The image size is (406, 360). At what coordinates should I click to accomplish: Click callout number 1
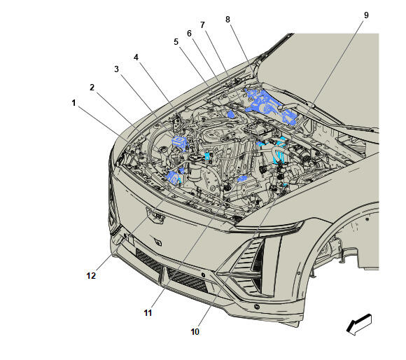73,103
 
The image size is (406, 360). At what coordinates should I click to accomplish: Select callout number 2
92,88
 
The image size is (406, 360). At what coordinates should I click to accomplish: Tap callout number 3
116,69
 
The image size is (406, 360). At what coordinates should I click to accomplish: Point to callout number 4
136,57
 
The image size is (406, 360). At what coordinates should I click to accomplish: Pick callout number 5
176,42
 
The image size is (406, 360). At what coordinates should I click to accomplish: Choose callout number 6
189,34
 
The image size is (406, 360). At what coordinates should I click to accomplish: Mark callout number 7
202,25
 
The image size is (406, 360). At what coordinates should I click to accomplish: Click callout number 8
227,20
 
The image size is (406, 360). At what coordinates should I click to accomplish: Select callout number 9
366,15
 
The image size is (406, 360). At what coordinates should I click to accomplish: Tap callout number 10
195,332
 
